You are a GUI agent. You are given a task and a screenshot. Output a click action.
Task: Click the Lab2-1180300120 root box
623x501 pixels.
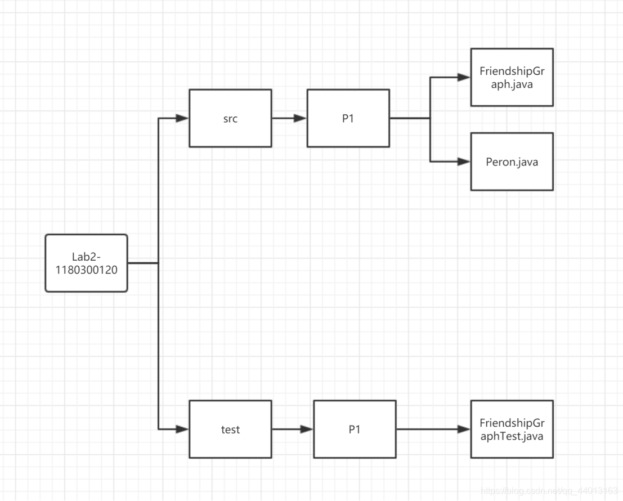[x=86, y=263]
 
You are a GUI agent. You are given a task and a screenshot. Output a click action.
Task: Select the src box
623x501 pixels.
[x=230, y=118]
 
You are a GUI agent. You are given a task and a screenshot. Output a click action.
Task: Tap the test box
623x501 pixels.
[x=230, y=429]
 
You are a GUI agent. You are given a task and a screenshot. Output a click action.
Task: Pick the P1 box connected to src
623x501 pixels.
[x=348, y=118]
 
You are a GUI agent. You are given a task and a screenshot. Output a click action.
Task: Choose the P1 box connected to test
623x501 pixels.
[x=355, y=429]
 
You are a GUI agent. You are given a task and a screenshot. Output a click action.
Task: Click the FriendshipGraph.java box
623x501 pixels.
[x=512, y=77]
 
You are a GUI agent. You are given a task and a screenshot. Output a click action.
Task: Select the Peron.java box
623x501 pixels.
[x=512, y=162]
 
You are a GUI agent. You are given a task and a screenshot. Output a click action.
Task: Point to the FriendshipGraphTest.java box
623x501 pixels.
[x=512, y=429]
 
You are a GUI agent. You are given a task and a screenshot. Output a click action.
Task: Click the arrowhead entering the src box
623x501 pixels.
[x=182, y=118]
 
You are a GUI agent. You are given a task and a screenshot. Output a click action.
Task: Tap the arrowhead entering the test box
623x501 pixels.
[x=182, y=429]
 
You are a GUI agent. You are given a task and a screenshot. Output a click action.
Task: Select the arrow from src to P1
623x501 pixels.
[x=289, y=118]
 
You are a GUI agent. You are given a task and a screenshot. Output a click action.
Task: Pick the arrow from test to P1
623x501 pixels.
[x=293, y=429]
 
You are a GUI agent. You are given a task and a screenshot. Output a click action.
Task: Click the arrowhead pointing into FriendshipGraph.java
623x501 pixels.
[x=464, y=78]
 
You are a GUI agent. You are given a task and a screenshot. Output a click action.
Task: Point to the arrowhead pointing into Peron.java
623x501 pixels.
[x=464, y=162]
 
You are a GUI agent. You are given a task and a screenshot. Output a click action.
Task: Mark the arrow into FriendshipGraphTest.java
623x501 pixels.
[x=433, y=429]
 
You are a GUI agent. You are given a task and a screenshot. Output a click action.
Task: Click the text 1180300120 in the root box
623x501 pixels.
[x=86, y=270]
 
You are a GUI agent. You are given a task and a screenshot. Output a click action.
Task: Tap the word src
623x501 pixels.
[x=230, y=119]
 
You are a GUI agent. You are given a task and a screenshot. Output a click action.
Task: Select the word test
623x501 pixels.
[x=230, y=430]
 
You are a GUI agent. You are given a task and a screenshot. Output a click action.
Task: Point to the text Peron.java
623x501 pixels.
[x=512, y=162]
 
